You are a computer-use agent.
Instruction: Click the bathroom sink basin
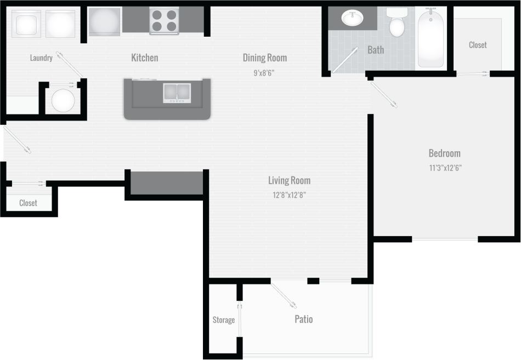click(352, 19)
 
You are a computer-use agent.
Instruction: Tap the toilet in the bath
click(397, 23)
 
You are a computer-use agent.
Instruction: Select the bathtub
click(431, 37)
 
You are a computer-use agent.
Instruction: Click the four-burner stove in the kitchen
click(164, 21)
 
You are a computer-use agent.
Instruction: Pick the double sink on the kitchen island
click(177, 93)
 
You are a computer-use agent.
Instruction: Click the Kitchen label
click(145, 58)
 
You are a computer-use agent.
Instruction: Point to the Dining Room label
click(265, 58)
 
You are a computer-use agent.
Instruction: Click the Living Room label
click(289, 180)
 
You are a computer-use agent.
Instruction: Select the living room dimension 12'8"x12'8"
click(289, 195)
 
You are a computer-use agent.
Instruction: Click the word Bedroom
click(444, 153)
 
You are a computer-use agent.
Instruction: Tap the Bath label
click(376, 50)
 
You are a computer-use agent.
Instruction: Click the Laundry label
click(41, 58)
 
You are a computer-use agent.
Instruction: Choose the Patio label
click(304, 319)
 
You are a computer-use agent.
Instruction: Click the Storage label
click(224, 320)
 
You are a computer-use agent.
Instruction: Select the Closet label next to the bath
click(478, 45)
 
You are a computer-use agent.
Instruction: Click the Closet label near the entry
click(28, 203)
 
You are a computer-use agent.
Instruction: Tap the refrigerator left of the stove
click(104, 21)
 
